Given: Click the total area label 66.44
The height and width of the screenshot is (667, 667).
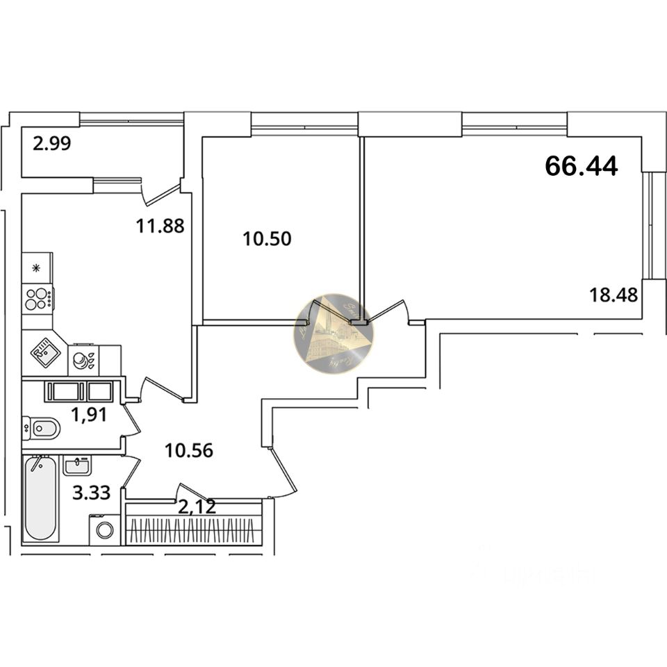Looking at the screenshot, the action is coord(582,166).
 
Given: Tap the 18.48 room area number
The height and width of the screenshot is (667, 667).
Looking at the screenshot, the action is coord(614,294).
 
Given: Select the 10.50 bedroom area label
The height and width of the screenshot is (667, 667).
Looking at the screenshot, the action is coord(267,239).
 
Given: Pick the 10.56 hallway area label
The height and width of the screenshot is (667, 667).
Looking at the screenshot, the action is coord(188,450).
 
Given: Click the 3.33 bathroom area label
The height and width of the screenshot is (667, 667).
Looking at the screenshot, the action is coord(91,493).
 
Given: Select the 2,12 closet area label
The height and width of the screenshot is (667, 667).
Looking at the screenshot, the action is coord(197,507).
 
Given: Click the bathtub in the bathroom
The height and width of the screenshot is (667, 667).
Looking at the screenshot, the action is coord(40,498).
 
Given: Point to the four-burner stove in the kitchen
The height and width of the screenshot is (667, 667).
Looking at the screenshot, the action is coord(38,299).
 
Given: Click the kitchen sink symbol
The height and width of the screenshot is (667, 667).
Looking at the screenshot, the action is coord(44,353).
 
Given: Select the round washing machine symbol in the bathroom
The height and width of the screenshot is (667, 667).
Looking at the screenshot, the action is coord(105,530).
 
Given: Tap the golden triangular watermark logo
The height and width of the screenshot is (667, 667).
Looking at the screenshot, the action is coord(333,334).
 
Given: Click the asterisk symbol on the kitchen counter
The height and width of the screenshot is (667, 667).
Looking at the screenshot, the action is coord(37,267).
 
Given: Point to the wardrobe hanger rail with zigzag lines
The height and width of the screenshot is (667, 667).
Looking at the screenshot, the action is coord(194,532).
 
